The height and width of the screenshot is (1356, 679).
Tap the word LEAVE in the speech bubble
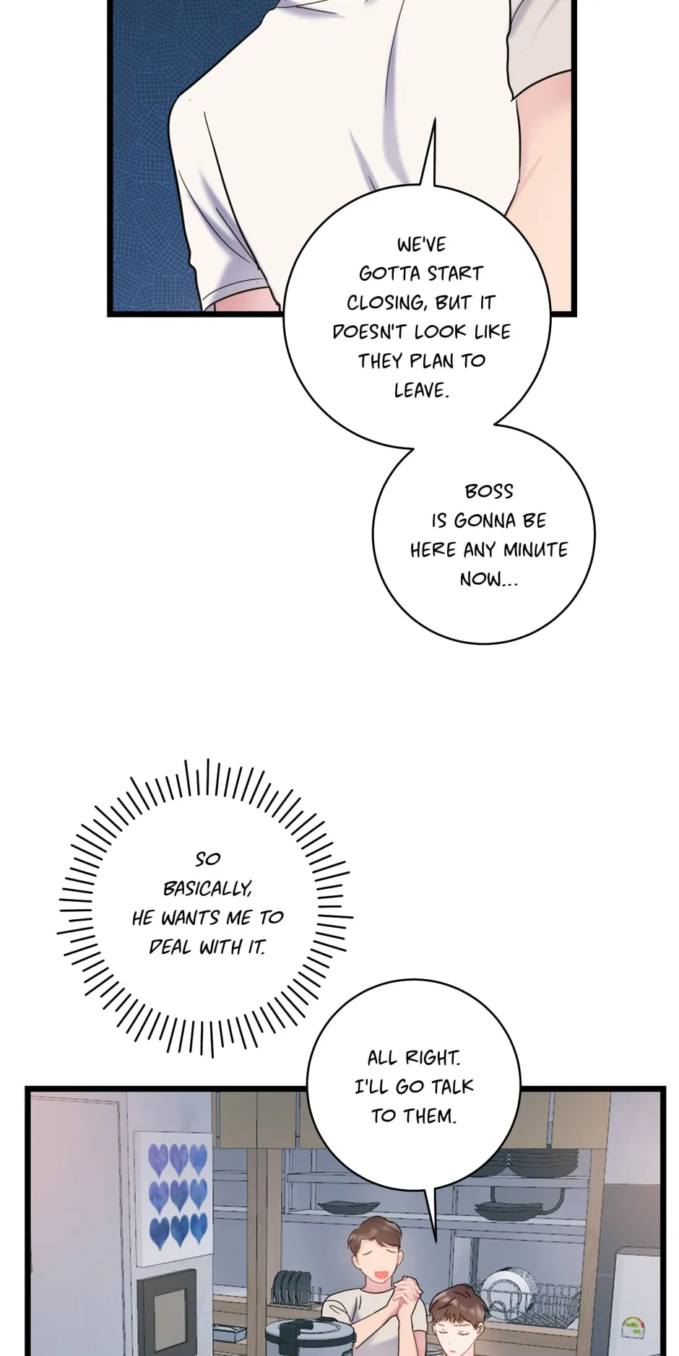pos(421,391)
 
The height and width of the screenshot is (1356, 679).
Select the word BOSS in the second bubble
pos(489,492)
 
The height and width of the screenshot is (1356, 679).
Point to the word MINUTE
pos(535,550)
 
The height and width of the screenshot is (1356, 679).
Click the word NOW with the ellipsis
pos(488,579)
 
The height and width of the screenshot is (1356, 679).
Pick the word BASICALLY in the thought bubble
pos(208,889)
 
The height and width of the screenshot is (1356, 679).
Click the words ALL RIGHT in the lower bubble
pos(413,1059)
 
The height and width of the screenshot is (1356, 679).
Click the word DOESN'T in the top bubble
pos(370,332)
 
